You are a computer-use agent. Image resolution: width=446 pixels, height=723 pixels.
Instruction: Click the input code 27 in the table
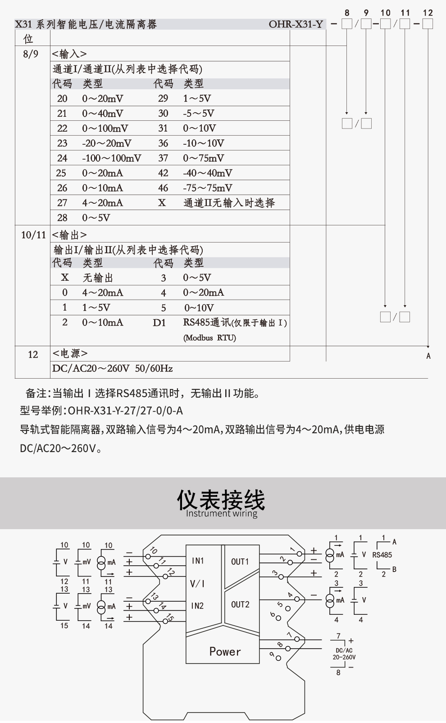(x=62, y=203)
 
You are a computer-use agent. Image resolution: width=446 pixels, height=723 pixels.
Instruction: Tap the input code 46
(x=163, y=188)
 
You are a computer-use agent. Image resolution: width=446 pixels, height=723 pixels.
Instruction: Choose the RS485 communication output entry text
(x=235, y=322)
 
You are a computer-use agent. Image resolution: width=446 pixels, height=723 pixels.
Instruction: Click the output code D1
(x=159, y=323)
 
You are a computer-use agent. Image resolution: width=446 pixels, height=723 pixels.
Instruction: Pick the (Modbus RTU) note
(x=209, y=338)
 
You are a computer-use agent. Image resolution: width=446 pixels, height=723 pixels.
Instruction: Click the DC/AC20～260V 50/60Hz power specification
(x=112, y=368)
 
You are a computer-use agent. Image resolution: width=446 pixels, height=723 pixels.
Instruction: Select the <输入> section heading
(x=69, y=54)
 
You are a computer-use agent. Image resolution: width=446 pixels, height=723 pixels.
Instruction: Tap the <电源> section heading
(x=70, y=353)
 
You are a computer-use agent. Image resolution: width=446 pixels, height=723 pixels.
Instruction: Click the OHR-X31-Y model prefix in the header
(x=296, y=24)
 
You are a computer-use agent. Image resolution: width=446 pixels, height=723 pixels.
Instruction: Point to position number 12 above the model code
(x=428, y=13)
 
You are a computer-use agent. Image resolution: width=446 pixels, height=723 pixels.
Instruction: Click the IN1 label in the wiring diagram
(x=198, y=561)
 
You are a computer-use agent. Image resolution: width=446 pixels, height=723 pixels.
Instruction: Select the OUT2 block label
(x=240, y=604)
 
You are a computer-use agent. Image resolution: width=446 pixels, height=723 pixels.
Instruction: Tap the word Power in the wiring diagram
(x=225, y=651)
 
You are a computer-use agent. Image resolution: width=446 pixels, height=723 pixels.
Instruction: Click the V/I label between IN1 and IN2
(x=197, y=584)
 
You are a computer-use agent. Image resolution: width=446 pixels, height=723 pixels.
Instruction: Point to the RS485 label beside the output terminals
(x=382, y=555)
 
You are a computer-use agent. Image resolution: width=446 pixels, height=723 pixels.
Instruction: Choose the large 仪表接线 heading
(x=221, y=499)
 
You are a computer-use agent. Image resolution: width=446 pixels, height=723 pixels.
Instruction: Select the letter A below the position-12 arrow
(x=428, y=356)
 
